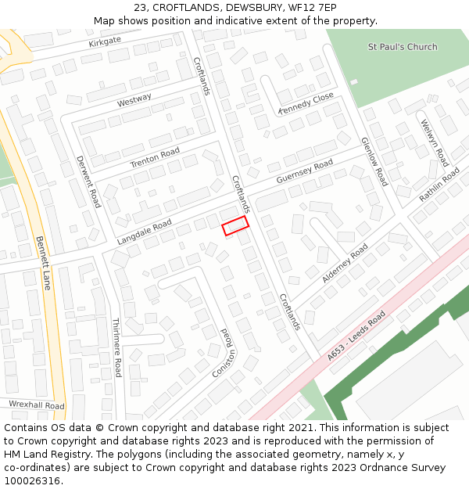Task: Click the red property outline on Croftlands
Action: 235,225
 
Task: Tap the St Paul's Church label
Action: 403,47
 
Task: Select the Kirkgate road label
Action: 105,41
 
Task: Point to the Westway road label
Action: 134,101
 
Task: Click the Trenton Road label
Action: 155,156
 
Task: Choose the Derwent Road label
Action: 88,182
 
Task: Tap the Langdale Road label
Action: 144,232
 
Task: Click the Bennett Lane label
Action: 43,263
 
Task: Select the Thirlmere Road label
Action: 116,347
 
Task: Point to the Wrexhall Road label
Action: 37,405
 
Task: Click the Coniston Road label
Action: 224,353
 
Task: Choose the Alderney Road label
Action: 345,263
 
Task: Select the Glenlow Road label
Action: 374,162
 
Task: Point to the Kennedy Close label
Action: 306,103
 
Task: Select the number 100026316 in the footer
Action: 31,481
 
